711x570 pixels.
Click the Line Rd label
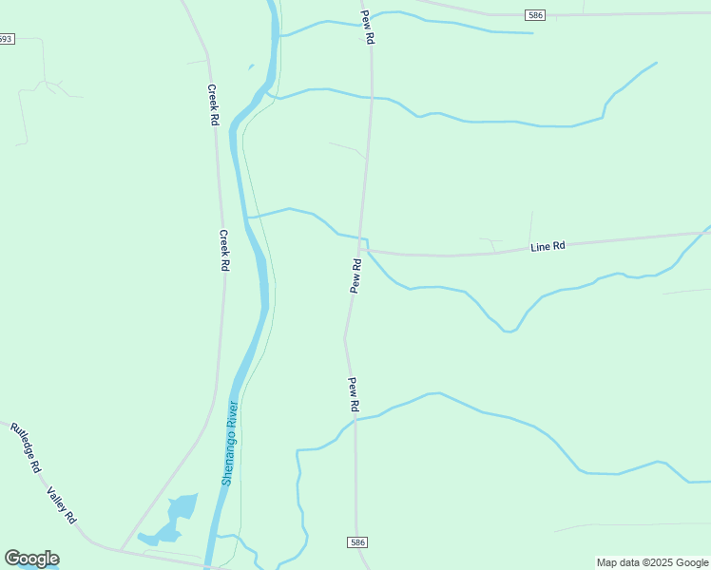[x=548, y=247]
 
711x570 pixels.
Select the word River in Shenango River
[x=233, y=415]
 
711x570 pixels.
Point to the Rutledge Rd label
[x=26, y=448]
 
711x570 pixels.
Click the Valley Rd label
[x=62, y=504]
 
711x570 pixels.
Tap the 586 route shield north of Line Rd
[x=535, y=14]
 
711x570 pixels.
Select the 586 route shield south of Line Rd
[x=355, y=541]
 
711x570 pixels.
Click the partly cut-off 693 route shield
[x=6, y=39]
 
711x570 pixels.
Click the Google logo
[x=31, y=559]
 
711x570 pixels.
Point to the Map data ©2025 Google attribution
[x=652, y=562]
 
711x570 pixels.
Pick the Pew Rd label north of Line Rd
[x=368, y=28]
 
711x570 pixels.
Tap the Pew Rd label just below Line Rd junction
[x=355, y=275]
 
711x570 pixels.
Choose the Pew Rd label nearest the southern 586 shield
[x=353, y=394]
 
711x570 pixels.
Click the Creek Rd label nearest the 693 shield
[x=214, y=104]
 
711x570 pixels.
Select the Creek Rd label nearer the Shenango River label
[x=225, y=251]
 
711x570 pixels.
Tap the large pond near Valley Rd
[x=179, y=511]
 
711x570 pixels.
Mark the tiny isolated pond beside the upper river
[x=251, y=66]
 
